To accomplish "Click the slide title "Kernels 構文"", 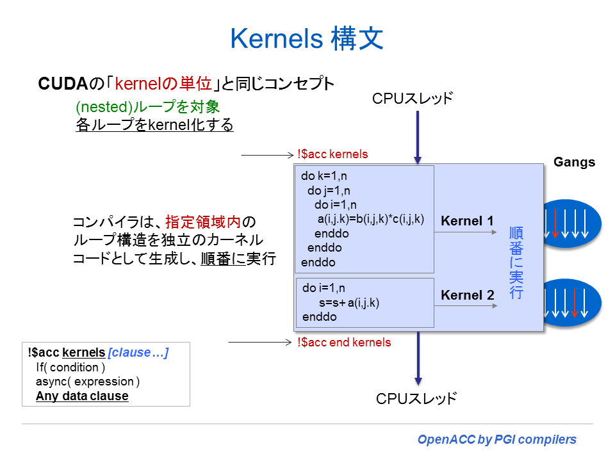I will pos(307,38).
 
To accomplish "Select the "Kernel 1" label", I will pos(468,221).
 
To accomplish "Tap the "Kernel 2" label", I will pos(468,295).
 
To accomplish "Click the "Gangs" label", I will pos(574,162).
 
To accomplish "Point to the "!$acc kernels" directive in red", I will pos(332,154).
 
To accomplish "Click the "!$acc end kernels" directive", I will pos(344,343).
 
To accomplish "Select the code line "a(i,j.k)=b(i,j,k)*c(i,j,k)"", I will pos(370,219).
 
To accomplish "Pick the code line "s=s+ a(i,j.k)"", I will pos(348,303).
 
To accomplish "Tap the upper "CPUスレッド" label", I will pos(413,99).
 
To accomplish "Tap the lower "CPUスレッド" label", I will pos(416,398).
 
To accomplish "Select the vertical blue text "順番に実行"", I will pos(516,263).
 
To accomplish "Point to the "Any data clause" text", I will pos(82,396).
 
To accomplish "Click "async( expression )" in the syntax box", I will pos(88,382).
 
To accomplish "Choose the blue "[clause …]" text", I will pos(138,353).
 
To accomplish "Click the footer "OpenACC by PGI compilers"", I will pos(496,439).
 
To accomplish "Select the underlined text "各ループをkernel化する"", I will pos(154,125).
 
